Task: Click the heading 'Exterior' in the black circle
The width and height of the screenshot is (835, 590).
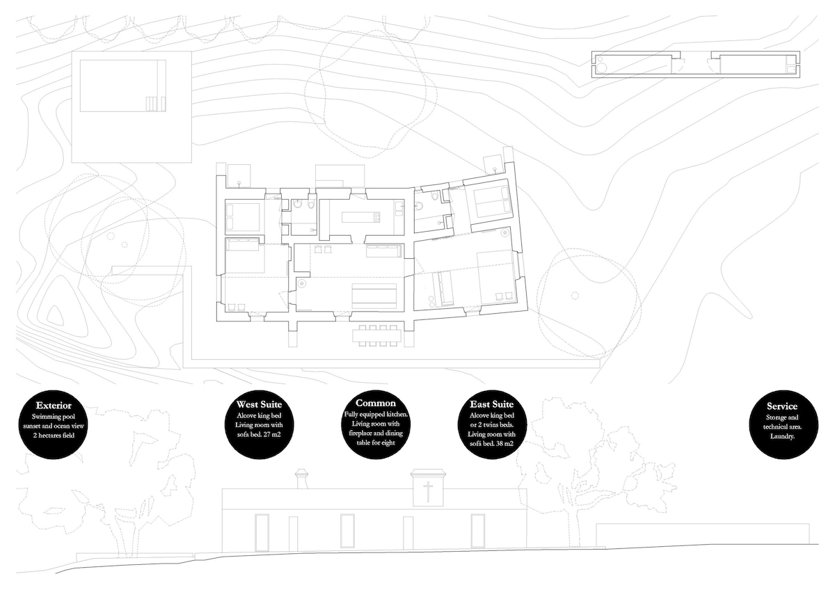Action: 54,406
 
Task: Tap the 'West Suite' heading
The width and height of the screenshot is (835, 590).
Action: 259,404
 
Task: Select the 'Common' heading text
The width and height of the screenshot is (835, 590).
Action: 375,403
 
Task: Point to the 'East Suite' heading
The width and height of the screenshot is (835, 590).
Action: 492,404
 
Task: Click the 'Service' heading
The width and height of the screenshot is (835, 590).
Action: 782,406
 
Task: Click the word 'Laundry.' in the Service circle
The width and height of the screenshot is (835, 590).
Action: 782,436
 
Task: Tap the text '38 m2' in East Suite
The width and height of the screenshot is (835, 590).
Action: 504,443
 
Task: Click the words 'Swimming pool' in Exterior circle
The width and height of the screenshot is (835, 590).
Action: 54,417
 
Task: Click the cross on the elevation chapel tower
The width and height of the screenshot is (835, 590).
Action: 428,491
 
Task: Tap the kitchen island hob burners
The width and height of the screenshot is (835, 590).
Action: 376,216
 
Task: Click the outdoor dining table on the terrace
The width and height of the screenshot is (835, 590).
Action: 377,335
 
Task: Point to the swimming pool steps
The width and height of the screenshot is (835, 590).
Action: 155,104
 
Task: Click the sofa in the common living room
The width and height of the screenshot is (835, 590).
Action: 385,251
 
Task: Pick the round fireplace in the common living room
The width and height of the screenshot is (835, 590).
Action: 301,284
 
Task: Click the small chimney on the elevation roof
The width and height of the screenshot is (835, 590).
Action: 301,479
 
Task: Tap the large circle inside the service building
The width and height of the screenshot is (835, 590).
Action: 602,67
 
